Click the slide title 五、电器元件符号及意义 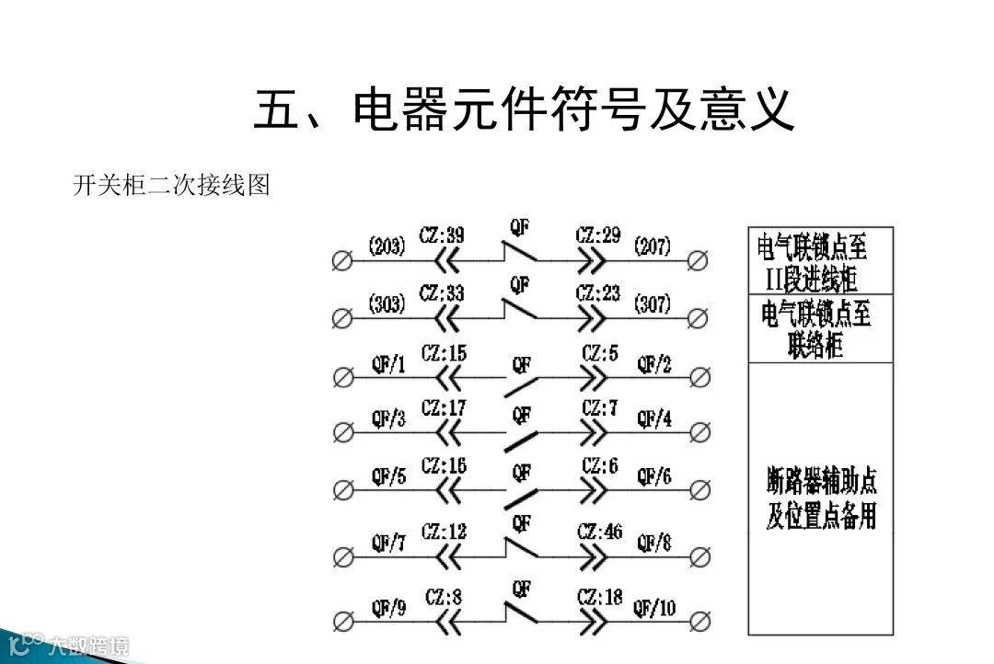click(524, 109)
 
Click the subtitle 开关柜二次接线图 click(171, 186)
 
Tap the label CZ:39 click(441, 235)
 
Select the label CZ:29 click(598, 235)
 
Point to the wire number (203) click(387, 246)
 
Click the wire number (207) click(652, 246)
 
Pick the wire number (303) click(387, 303)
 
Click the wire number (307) click(652, 303)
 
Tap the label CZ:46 click(600, 532)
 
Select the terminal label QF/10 click(654, 608)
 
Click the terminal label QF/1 click(387, 365)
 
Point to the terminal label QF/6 click(654, 476)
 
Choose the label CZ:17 click(444, 407)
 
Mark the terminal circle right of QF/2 click(699, 377)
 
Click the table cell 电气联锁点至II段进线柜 click(820, 260)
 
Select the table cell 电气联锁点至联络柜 click(820, 328)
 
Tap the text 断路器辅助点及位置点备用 click(820, 498)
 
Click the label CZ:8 click(444, 598)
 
